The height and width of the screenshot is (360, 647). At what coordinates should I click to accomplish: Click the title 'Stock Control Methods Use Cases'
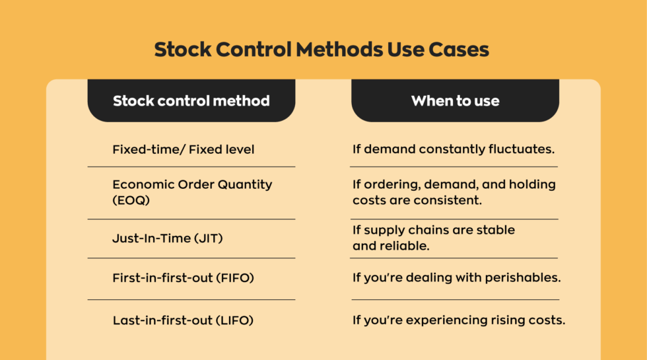coord(322,50)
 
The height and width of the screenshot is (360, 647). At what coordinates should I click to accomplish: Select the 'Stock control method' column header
coord(191,101)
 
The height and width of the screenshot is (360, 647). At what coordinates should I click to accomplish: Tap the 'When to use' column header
coord(455,101)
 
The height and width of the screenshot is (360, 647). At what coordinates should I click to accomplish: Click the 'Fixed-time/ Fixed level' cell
coord(184,149)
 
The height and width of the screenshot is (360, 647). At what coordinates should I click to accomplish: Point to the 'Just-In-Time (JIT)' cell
coord(167,238)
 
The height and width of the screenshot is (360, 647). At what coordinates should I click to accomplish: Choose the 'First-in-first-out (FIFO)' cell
coord(183,278)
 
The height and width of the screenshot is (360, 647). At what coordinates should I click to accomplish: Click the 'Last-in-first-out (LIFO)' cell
coord(183,320)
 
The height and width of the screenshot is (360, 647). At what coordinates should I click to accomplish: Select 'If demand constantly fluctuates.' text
coord(453,149)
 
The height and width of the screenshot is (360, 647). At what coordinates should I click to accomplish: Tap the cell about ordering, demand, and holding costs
coord(454,192)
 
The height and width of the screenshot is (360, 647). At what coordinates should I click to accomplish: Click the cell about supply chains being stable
coord(434,238)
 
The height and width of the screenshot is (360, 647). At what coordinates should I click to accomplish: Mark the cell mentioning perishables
coord(456,278)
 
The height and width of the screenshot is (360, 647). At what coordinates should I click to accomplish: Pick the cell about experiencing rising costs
coord(459,320)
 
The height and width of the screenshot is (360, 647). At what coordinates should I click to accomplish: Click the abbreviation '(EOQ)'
coord(131,199)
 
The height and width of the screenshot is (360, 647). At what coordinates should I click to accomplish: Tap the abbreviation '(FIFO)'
coord(234,278)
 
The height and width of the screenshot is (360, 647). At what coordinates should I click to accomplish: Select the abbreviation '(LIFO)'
coord(234,320)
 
